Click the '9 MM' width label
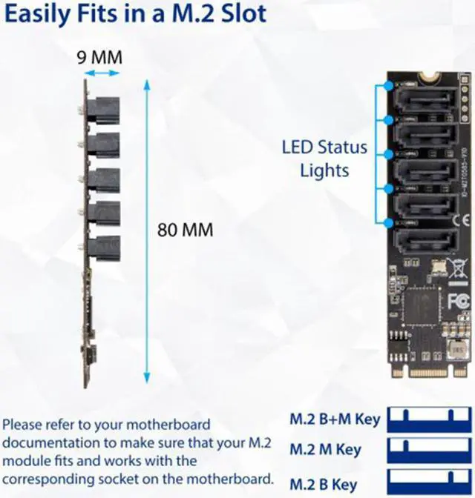click(x=100, y=57)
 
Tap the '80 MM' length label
click(x=185, y=230)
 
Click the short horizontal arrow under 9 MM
click(x=101, y=73)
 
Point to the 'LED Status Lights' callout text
click(x=324, y=158)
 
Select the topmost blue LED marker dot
click(x=387, y=85)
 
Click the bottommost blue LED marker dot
click(x=387, y=222)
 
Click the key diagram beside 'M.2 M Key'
click(x=427, y=449)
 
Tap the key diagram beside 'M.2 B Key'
click(x=427, y=480)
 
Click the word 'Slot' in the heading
click(x=235, y=15)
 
